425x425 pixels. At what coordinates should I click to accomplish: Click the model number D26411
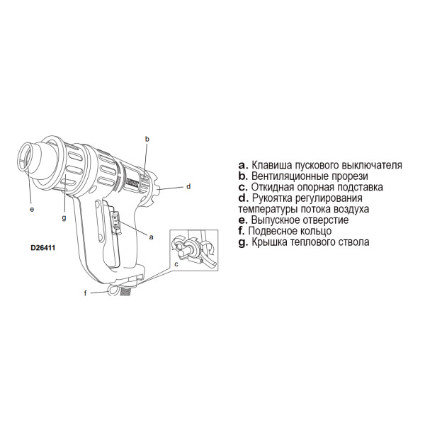[42, 249]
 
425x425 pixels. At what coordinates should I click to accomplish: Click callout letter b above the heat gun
[146, 140]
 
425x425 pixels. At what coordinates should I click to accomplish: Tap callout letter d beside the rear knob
[188, 187]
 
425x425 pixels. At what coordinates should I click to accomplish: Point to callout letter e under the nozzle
[32, 209]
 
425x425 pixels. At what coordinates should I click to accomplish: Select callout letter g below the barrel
[64, 218]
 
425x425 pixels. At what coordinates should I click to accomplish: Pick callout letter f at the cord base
[86, 293]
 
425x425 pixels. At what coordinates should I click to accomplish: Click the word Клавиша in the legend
[271, 165]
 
